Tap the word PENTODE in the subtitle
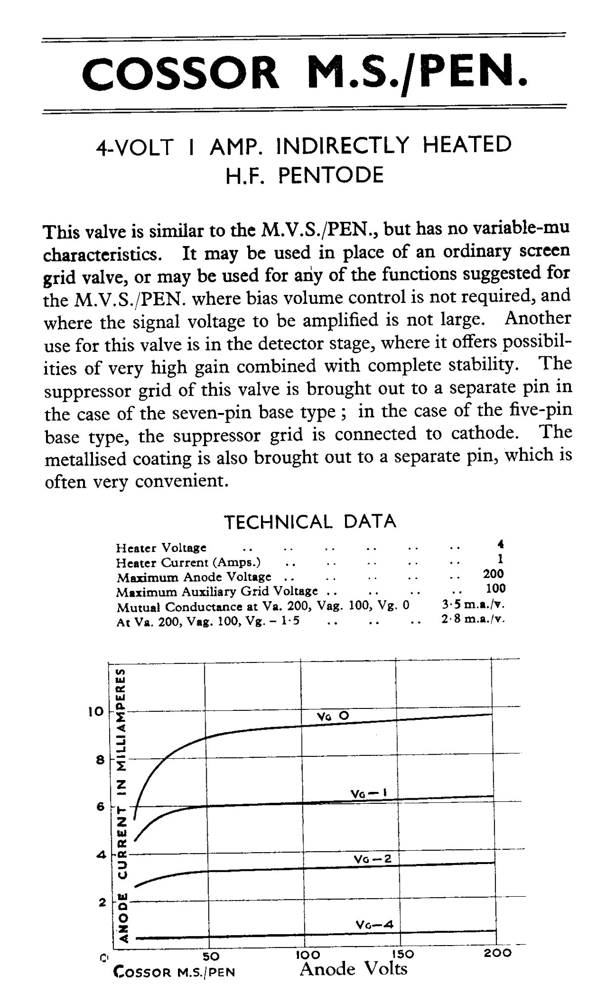[x=331, y=175]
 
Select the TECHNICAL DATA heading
[x=310, y=522]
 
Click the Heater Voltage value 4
[x=501, y=545]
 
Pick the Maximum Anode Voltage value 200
[x=493, y=574]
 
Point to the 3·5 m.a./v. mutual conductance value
[x=473, y=604]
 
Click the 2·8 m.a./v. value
[x=473, y=619]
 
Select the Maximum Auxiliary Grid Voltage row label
[x=217, y=591]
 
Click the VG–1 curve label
[x=368, y=793]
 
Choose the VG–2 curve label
[x=372, y=859]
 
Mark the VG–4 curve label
[x=374, y=924]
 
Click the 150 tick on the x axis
[x=402, y=953]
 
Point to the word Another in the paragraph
[x=537, y=319]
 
